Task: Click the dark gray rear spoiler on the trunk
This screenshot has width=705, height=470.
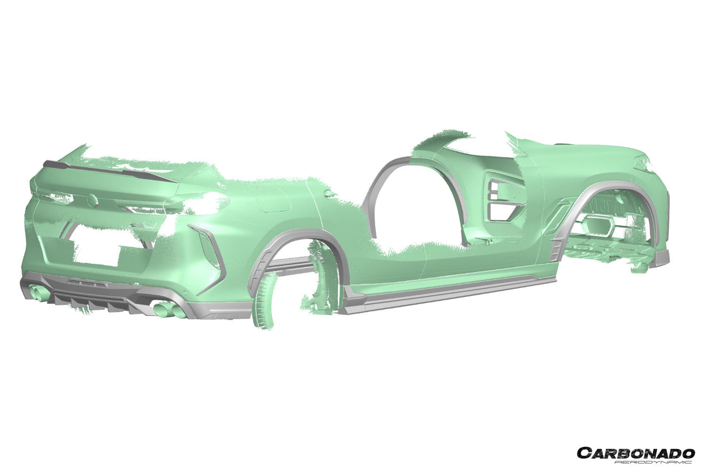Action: click(110, 172)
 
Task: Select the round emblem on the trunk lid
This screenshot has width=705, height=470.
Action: click(92, 200)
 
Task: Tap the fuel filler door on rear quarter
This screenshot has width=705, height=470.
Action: click(273, 201)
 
